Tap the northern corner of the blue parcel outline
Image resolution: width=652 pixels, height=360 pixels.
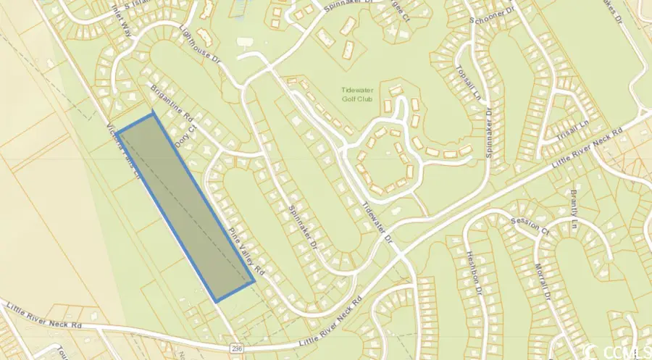153,114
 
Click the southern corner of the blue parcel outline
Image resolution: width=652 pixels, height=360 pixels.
216,300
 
